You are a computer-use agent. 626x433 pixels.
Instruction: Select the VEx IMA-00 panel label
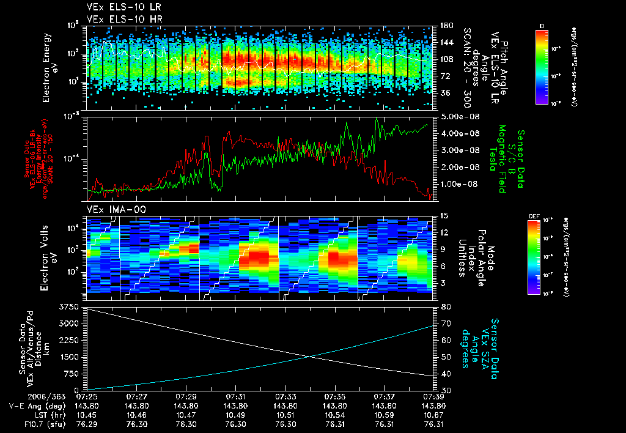(x=111, y=210)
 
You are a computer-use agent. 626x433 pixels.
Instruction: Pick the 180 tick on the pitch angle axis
(x=446, y=26)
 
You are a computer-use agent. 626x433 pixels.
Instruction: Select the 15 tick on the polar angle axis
(x=443, y=215)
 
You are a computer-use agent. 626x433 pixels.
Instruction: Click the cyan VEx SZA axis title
(x=487, y=342)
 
